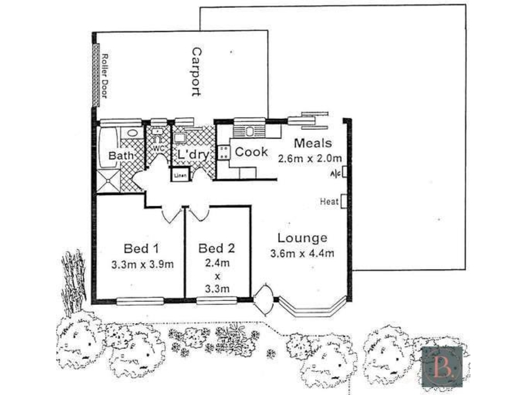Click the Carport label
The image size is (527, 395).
click(x=196, y=72)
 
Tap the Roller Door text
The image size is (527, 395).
click(x=105, y=76)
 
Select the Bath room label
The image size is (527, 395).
click(x=121, y=156)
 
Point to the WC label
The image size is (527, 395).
click(x=158, y=148)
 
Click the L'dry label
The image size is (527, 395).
click(x=193, y=155)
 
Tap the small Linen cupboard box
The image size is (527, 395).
click(x=180, y=175)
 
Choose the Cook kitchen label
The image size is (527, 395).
click(x=252, y=152)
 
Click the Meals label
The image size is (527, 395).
click(x=313, y=143)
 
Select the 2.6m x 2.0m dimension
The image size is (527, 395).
click(x=310, y=159)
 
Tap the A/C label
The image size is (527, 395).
click(x=335, y=174)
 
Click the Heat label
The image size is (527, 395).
click(x=329, y=201)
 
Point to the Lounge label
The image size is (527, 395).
click(x=302, y=238)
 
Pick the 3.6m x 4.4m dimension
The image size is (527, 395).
click(x=302, y=253)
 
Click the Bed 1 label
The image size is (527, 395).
click(x=141, y=249)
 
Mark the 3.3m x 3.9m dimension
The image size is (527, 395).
click(x=142, y=265)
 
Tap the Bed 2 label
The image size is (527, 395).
click(x=217, y=248)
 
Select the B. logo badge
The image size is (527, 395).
click(x=442, y=367)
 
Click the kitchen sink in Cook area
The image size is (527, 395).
click(x=249, y=131)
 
